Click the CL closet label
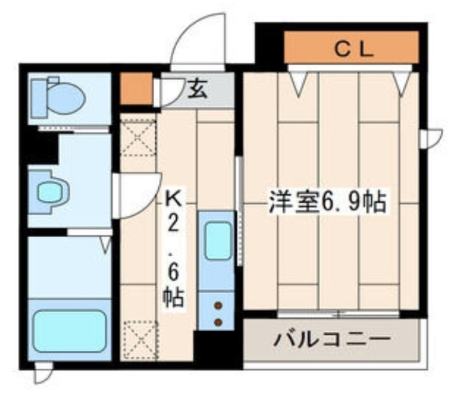pos(354,49)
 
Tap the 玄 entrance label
pos(198,89)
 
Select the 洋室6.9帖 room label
pos(327,201)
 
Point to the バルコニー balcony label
pos(331,340)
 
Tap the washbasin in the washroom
pos(49,191)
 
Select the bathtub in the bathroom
pos(69,330)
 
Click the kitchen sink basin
pos(218,241)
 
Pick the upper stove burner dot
pos(218,306)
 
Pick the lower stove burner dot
pos(218,322)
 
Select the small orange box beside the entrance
pos(137,88)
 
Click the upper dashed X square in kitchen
pos(138,137)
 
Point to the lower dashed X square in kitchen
pos(140,340)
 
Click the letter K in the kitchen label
pos(173,199)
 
